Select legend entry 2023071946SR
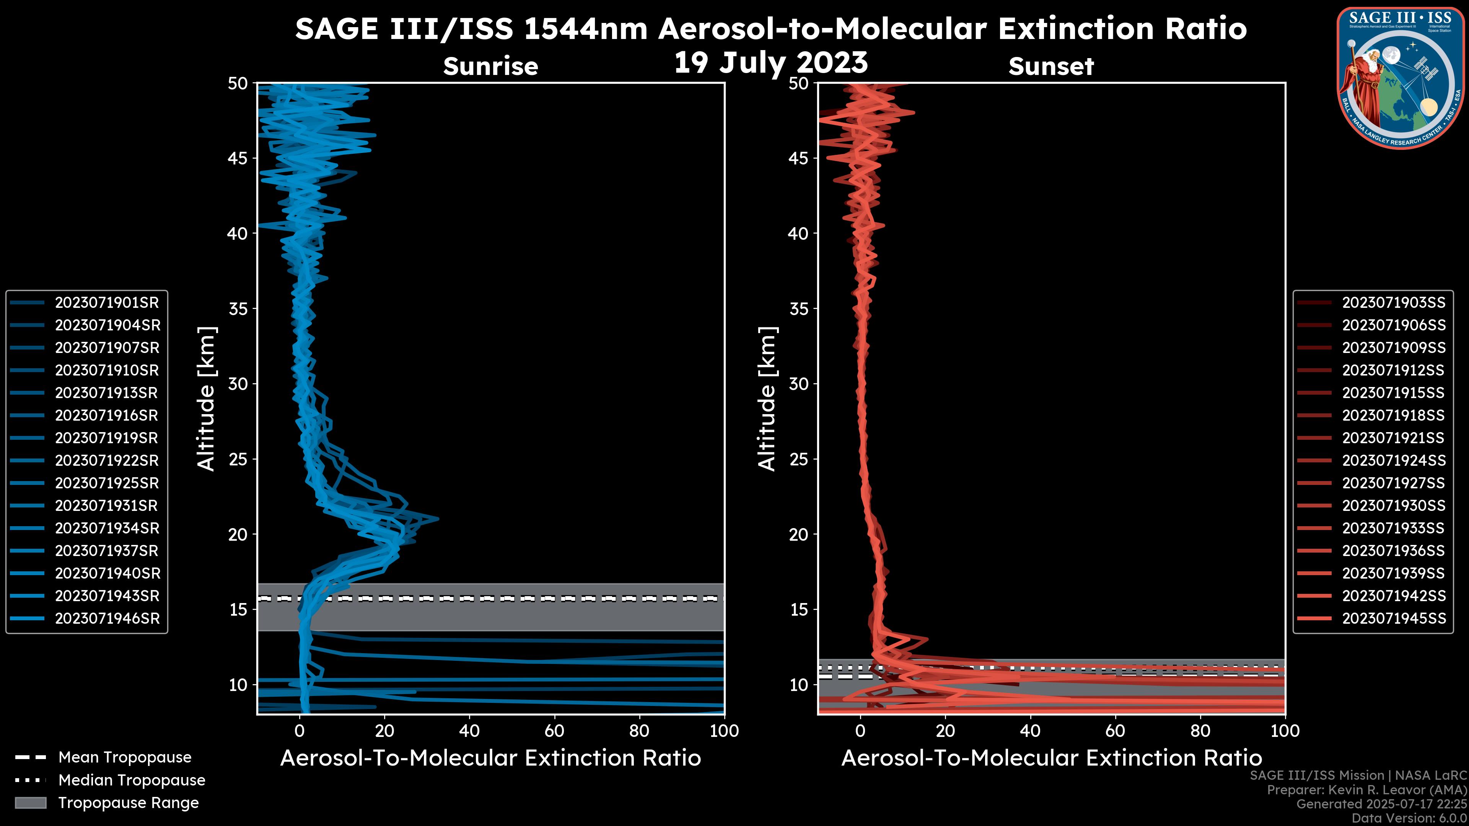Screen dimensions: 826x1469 pyautogui.click(x=107, y=618)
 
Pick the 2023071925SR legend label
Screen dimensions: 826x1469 pyautogui.click(x=107, y=483)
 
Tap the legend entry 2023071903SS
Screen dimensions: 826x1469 pyautogui.click(x=1394, y=303)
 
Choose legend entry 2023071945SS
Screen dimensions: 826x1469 pyautogui.click(x=1394, y=618)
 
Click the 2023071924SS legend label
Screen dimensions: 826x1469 pyautogui.click(x=1394, y=460)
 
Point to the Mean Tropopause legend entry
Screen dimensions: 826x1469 pyautogui.click(x=124, y=758)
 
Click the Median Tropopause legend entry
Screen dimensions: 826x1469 pyautogui.click(x=131, y=780)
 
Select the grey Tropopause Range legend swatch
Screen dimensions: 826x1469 pyautogui.click(x=31, y=803)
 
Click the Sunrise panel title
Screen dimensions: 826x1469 pyautogui.click(x=490, y=67)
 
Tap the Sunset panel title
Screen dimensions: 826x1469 pyautogui.click(x=1051, y=67)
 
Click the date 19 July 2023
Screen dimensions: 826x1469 pyautogui.click(x=771, y=63)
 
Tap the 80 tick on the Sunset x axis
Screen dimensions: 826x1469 pyautogui.click(x=1200, y=731)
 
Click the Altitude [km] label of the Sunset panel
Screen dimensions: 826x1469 pyautogui.click(x=767, y=399)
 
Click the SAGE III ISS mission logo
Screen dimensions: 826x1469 pyautogui.click(x=1400, y=77)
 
